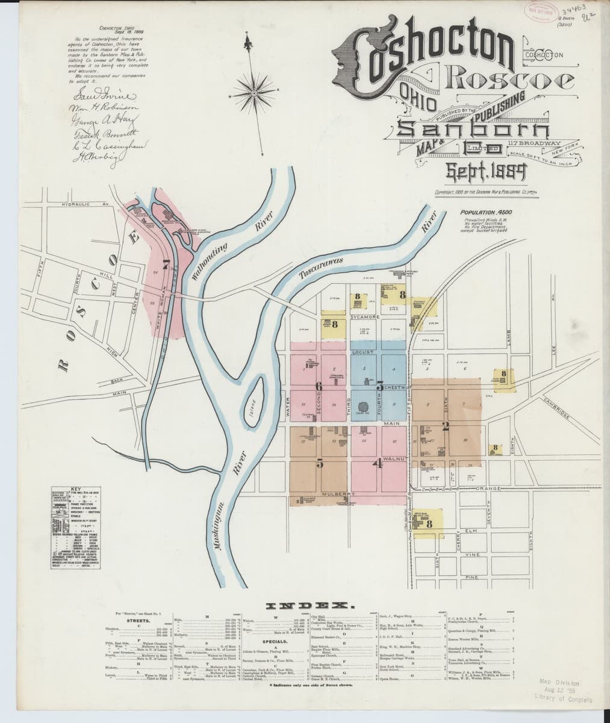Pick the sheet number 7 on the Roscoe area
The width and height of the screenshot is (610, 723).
(166, 263)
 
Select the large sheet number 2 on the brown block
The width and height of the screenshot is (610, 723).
(446, 427)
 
